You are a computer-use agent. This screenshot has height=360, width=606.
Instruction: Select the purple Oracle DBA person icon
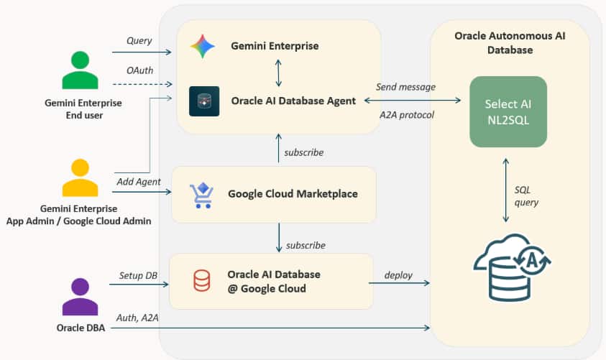(x=79, y=297)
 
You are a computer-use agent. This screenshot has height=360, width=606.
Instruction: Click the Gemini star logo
(x=202, y=47)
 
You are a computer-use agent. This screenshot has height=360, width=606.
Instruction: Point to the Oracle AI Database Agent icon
(x=204, y=101)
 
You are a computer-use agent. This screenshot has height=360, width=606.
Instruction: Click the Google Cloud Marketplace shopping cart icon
(x=201, y=195)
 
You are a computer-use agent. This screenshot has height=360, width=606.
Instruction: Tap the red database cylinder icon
(x=202, y=281)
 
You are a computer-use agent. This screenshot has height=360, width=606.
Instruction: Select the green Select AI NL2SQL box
(x=507, y=112)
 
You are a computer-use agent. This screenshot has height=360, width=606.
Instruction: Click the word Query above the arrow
(x=139, y=41)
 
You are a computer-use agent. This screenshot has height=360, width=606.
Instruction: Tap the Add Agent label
(x=138, y=182)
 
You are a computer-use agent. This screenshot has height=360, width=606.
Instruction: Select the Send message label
(x=406, y=87)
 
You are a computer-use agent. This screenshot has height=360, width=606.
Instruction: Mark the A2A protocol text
(x=407, y=114)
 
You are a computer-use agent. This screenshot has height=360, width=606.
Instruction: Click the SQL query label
(x=526, y=195)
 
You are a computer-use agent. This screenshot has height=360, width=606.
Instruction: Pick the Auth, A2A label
(x=139, y=317)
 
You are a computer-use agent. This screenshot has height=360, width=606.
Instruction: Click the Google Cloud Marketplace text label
(x=293, y=193)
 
